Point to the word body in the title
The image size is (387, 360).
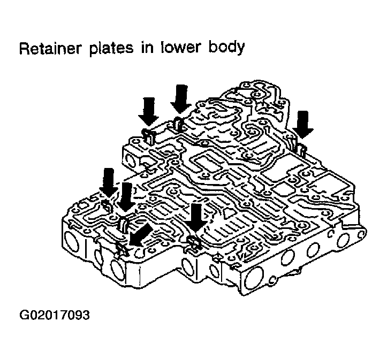point(223,49)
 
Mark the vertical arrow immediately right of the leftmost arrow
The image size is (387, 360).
point(126,196)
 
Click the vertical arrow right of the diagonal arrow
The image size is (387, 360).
point(196,217)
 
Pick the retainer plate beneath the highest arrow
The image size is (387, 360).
point(179,124)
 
